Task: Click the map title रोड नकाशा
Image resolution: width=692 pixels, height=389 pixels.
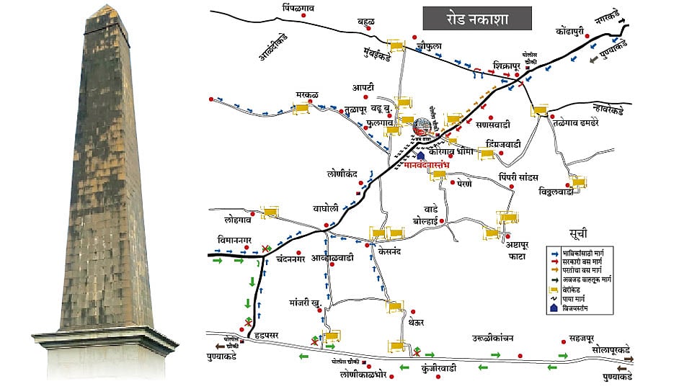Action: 476,19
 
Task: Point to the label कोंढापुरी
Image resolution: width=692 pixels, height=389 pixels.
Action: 574,32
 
